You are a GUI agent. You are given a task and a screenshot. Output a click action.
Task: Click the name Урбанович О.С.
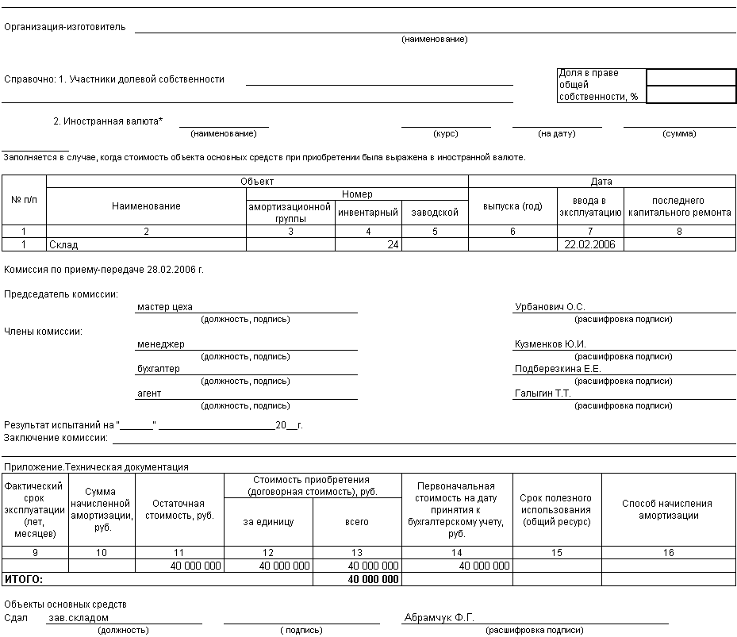tap(549, 307)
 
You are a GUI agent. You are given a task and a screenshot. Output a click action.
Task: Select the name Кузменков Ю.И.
tap(550, 344)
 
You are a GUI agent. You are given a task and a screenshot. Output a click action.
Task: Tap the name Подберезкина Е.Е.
tap(558, 369)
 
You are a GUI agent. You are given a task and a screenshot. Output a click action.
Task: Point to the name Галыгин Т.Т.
tap(543, 393)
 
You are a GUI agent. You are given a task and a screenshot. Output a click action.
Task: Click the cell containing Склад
tap(63, 245)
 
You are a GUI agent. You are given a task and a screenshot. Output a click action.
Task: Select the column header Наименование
tap(146, 206)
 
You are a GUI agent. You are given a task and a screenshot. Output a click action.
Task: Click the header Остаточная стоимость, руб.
tap(179, 509)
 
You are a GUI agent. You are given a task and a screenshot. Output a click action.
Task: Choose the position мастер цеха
tap(165, 307)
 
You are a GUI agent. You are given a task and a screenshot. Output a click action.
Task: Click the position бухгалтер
tap(159, 369)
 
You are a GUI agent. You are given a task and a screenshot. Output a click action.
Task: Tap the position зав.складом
tap(77, 618)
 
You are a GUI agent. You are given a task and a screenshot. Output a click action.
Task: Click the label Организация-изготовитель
tap(65, 26)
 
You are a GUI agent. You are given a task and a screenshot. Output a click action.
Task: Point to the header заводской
tap(435, 213)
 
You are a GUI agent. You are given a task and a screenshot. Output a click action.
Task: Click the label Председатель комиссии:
tap(61, 294)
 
